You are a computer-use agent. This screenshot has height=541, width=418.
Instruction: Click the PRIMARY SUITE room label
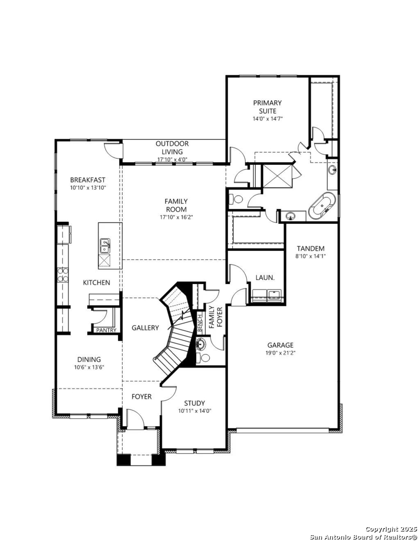(267, 107)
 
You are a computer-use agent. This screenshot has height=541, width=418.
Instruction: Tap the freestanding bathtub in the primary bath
(322, 206)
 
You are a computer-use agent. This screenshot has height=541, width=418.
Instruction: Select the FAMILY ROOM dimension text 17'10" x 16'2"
(176, 217)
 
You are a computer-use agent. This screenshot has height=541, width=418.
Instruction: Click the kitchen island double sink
(104, 246)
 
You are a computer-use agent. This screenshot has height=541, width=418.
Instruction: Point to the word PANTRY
(106, 330)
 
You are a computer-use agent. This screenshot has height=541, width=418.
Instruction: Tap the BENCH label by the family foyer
(200, 323)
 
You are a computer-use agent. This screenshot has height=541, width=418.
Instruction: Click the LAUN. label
(265, 278)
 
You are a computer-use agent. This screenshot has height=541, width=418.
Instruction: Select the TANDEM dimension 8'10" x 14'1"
(310, 256)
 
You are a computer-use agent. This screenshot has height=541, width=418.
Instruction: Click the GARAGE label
(280, 345)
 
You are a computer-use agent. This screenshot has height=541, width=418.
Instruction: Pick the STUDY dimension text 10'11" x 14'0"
(195, 411)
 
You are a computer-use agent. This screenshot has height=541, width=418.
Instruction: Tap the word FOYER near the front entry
(141, 396)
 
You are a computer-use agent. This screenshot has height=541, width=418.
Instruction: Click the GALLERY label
(145, 328)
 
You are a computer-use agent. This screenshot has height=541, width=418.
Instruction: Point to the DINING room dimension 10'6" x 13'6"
(89, 367)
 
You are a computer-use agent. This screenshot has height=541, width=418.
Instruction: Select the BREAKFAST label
(88, 180)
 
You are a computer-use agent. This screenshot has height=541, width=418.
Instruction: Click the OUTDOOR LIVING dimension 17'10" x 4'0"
(172, 159)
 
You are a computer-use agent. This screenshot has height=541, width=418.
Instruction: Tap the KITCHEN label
(97, 283)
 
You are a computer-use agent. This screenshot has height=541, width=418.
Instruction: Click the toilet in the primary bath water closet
(236, 199)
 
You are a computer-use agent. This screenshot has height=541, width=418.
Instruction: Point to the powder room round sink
(200, 344)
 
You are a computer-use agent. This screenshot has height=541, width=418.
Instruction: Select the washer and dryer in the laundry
(267, 295)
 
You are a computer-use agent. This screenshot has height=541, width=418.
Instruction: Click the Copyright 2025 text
(391, 529)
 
